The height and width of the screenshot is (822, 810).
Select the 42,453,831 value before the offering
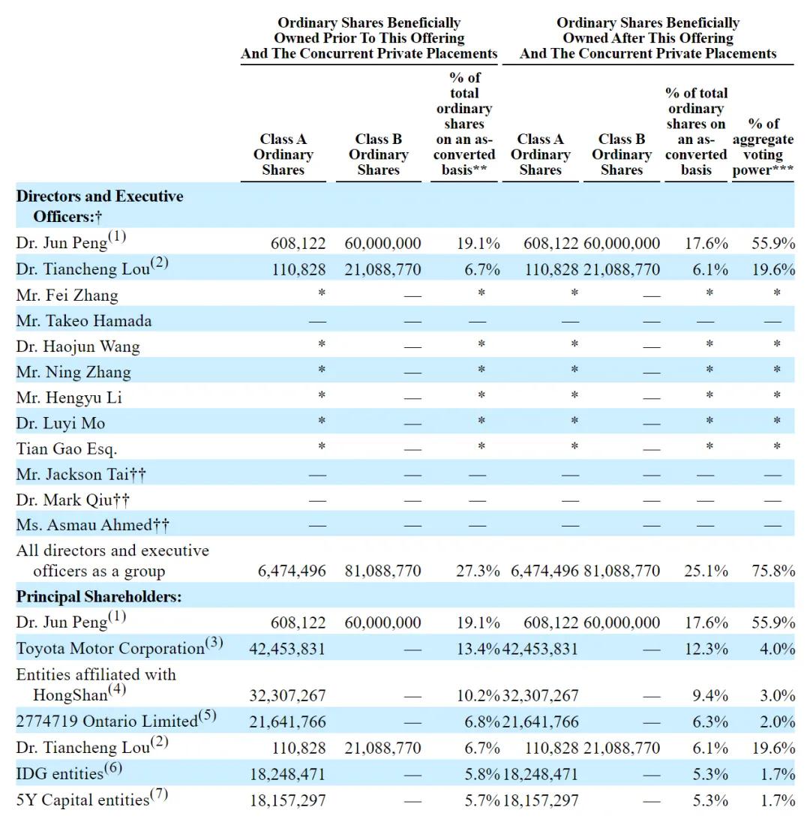286,649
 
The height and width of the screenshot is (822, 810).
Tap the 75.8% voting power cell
773,570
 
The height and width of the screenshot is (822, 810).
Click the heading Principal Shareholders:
99,596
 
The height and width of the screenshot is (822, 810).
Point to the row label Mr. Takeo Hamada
84,321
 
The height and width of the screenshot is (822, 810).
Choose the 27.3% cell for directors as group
478,570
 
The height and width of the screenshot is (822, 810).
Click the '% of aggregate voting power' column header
763,147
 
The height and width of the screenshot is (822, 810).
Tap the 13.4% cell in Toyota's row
478,649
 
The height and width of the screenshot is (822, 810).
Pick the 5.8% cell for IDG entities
481,774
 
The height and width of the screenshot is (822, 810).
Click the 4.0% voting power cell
778,649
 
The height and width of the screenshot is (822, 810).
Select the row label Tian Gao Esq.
67,448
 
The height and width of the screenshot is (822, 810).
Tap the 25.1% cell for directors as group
706,570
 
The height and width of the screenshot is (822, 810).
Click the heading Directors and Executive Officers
100,206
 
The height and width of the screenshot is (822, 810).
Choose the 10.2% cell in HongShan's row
478,696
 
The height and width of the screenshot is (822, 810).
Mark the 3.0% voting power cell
778,696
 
